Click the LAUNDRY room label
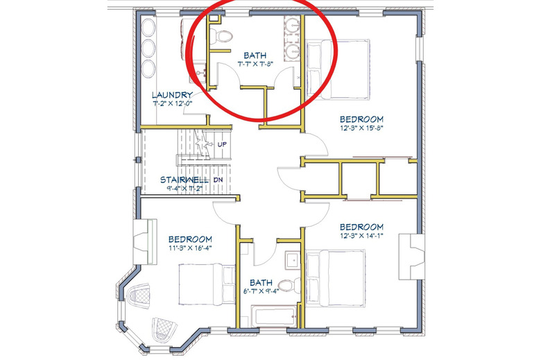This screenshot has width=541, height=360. coord(172,95)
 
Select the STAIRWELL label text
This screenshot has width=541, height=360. coord(184,180)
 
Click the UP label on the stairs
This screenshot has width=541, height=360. coord(222,144)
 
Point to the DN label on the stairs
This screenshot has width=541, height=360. coord(218,180)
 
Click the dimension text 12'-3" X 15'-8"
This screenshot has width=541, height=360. coord(361,128)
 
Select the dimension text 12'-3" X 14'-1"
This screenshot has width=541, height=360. coord(361,236)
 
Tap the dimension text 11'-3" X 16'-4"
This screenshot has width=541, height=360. coord(190,248)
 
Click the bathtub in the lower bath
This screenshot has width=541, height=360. coord(273,316)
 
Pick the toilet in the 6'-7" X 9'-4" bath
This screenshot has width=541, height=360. coord(289,286)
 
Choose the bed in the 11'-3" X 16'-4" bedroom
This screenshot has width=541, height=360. coord(207,284)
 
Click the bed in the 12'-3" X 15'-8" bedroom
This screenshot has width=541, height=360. coord(338,69)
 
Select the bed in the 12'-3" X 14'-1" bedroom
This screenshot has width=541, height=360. coord(336,278)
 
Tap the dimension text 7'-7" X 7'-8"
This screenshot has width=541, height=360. coord(255,64)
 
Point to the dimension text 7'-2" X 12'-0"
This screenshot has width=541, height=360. coord(172,103)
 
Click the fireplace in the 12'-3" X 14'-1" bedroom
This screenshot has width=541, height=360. coord(411,257)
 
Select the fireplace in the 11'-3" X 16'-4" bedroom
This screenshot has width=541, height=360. coord(145,241)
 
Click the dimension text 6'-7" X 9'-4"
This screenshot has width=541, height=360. coord(261,291)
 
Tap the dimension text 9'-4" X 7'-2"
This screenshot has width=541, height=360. coord(184,189)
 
